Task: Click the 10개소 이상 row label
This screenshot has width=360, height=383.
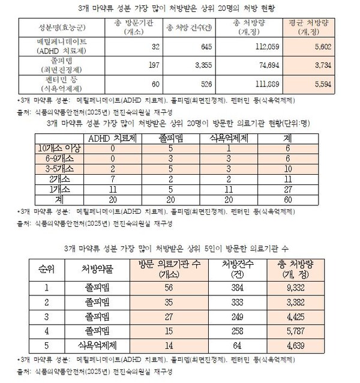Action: [x=56, y=148]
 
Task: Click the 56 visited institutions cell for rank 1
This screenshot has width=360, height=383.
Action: [x=169, y=288]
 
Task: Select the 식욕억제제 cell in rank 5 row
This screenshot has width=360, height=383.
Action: [x=98, y=345]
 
